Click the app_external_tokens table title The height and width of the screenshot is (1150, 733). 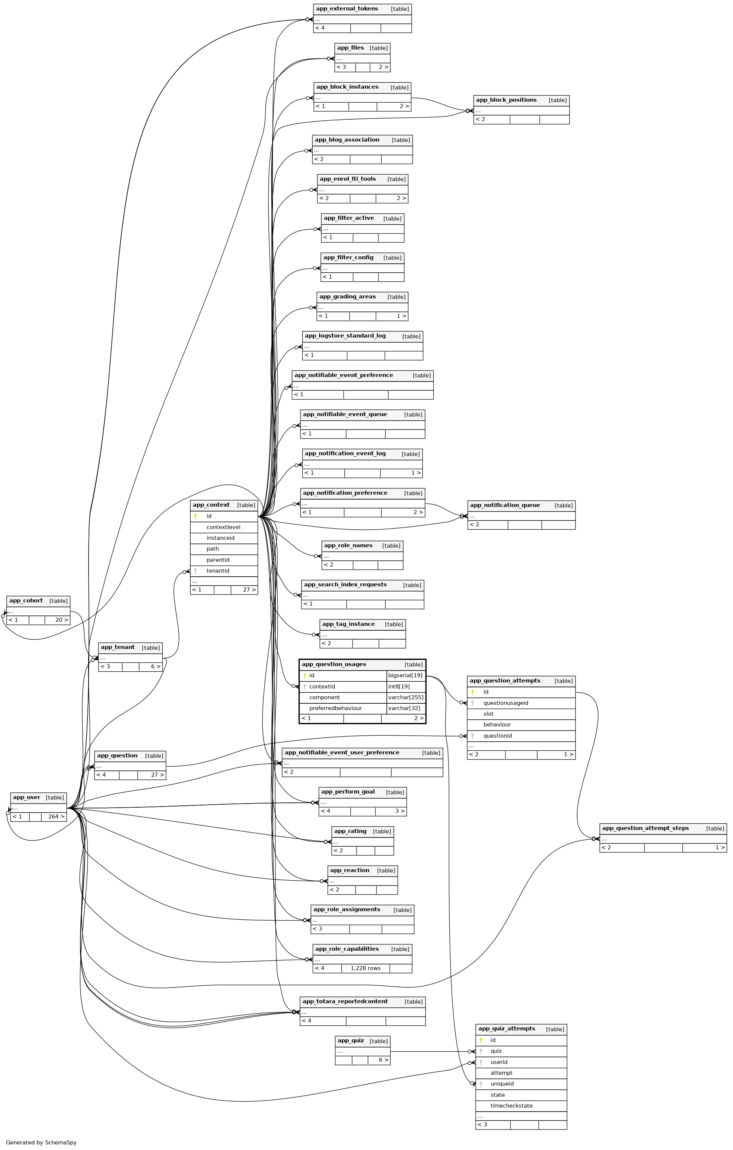[x=347, y=9]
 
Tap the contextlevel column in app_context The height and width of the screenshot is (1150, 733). [x=223, y=527]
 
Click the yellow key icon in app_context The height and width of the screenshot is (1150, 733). [x=195, y=516]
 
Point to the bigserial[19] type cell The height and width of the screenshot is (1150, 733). [x=405, y=675]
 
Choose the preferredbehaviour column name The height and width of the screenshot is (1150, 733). [x=335, y=708]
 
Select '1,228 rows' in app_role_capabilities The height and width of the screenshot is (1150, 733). [x=366, y=968]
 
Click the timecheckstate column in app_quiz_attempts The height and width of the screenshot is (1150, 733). [x=511, y=1106]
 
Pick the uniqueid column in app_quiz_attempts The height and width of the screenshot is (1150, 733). [x=502, y=1084]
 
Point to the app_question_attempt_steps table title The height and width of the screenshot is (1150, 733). [x=645, y=828]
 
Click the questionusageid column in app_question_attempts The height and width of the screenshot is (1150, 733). [x=506, y=703]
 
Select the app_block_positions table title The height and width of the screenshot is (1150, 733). [x=506, y=100]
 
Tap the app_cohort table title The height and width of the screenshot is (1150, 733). [x=26, y=600]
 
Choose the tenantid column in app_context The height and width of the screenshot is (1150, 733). [x=218, y=571]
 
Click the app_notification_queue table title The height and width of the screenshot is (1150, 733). [x=505, y=505]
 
